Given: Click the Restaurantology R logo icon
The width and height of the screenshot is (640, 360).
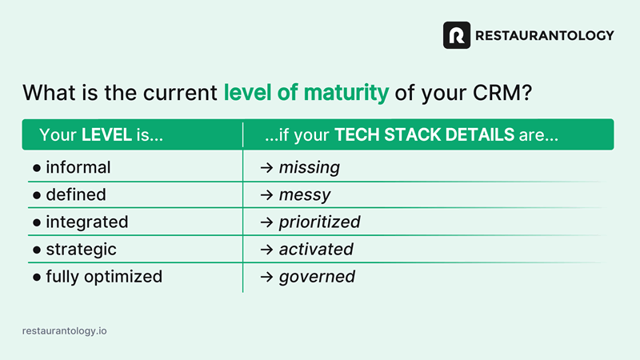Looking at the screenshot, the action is [x=456, y=35].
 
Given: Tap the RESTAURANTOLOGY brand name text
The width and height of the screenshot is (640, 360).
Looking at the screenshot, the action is [x=545, y=35].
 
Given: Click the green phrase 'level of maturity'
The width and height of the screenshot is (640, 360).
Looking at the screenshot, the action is [x=306, y=92].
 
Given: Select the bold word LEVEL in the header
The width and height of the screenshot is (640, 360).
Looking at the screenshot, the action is [x=106, y=134].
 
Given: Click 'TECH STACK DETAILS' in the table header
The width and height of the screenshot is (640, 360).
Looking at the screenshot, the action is [x=425, y=134].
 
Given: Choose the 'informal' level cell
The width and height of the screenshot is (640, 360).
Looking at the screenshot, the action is [x=78, y=167].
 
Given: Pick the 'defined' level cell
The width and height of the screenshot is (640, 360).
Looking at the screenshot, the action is [x=76, y=194].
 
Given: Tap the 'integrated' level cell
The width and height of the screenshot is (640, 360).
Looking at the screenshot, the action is [x=87, y=222].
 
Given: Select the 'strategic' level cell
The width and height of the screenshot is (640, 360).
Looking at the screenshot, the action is [x=82, y=250].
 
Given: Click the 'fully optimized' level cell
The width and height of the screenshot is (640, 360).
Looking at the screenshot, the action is [x=104, y=277].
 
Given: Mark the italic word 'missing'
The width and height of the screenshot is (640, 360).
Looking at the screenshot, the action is [x=310, y=168].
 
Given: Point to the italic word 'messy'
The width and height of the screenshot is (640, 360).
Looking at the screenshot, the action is [x=305, y=195].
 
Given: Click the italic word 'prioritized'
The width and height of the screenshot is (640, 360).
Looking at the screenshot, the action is [x=319, y=222].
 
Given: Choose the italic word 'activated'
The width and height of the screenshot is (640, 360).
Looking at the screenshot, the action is [x=316, y=250].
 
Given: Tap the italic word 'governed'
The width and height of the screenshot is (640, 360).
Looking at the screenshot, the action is [x=317, y=277].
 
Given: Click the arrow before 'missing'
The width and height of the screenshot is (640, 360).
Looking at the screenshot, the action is [x=266, y=168].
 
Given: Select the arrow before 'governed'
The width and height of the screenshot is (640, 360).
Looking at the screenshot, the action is [x=266, y=277].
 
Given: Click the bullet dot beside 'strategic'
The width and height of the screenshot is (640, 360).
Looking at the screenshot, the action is [x=37, y=250].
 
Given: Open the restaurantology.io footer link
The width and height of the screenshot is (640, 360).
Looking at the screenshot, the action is [x=65, y=330].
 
